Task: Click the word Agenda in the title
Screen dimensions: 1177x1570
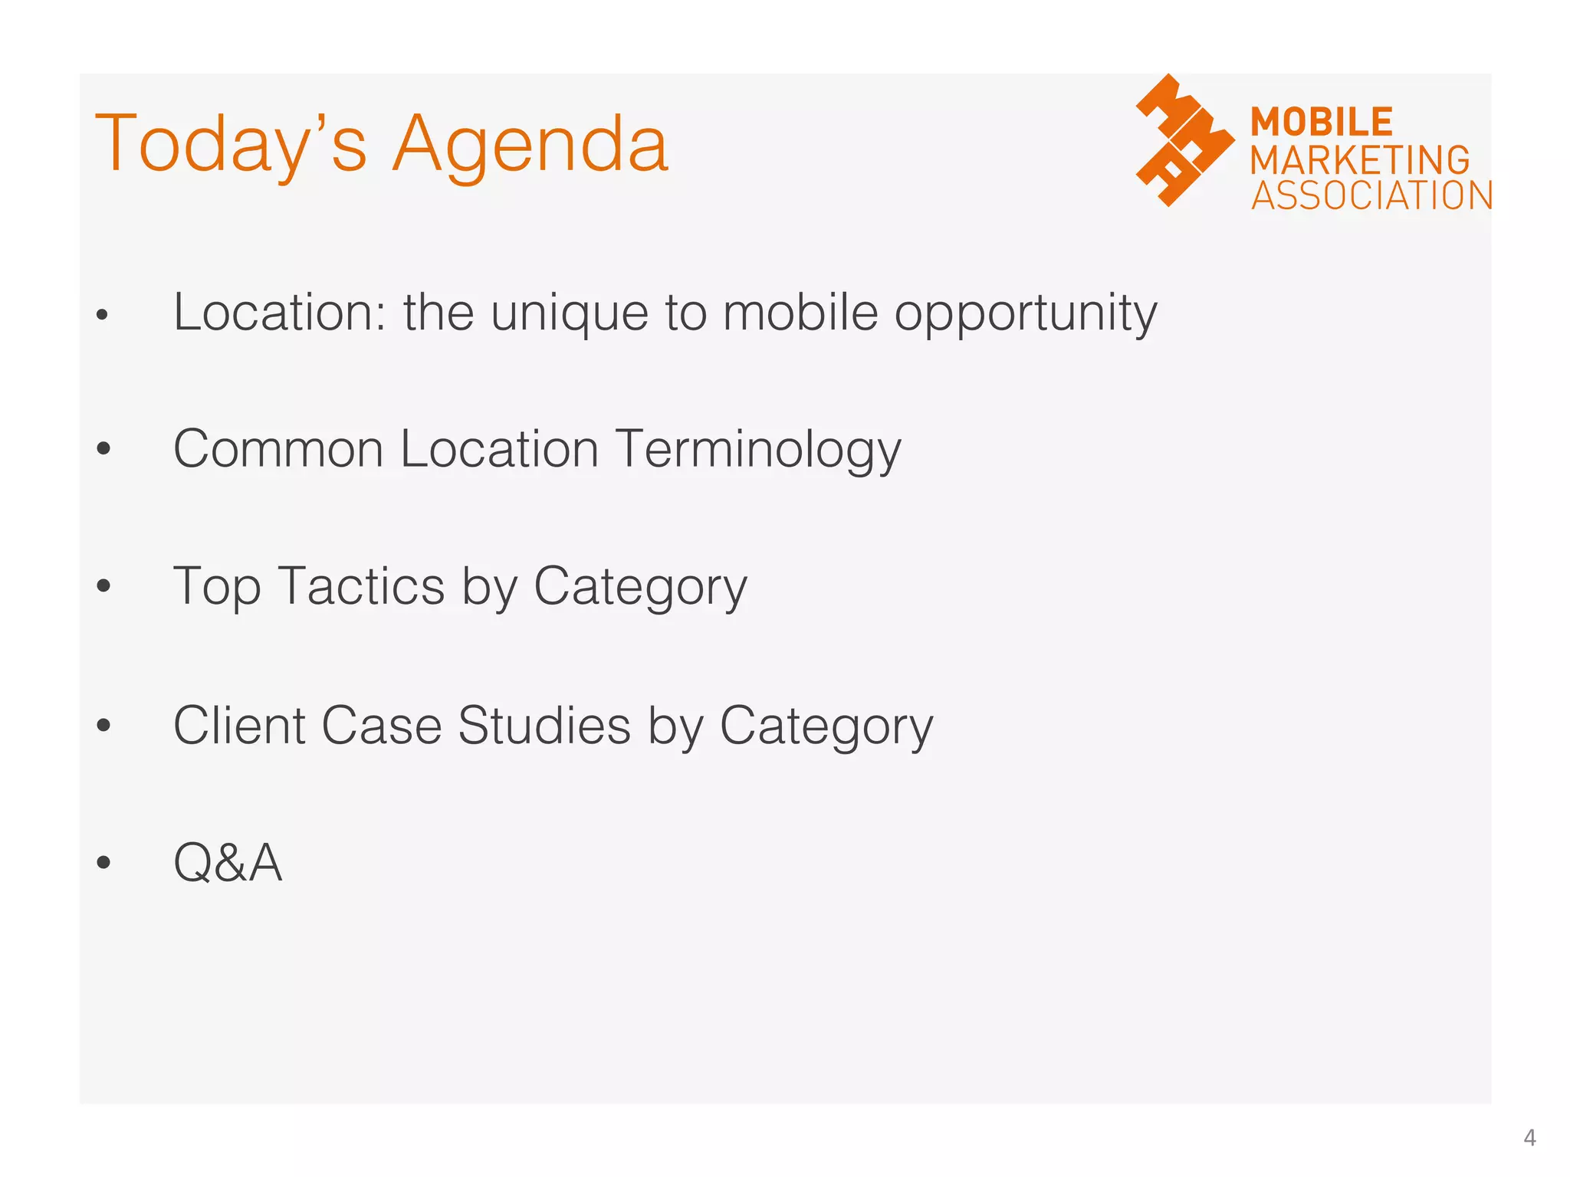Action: click(530, 146)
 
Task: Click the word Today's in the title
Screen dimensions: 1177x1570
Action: click(230, 146)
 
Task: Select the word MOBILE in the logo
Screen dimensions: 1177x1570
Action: click(1321, 123)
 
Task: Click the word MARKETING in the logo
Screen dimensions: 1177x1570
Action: click(1360, 160)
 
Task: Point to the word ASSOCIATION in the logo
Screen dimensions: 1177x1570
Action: click(1371, 196)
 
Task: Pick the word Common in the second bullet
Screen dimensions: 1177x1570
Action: click(278, 449)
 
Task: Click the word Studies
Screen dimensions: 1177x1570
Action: click(544, 725)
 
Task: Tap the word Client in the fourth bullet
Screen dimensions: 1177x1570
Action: click(238, 725)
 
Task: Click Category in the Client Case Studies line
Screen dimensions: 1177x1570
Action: click(826, 726)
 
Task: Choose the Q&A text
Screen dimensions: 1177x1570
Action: click(228, 863)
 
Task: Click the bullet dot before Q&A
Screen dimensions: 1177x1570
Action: click(103, 863)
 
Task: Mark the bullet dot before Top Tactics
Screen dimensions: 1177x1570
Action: click(103, 587)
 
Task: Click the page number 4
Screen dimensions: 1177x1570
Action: click(1529, 1138)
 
